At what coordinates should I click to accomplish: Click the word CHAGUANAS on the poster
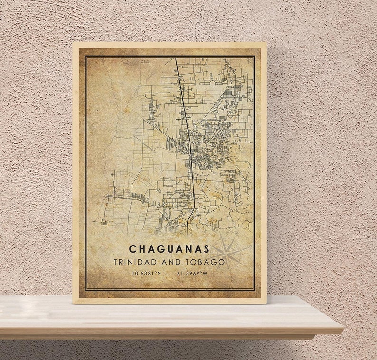click(x=169, y=249)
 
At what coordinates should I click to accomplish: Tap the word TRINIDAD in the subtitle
click(x=131, y=262)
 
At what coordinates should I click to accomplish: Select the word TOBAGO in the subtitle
click(x=207, y=262)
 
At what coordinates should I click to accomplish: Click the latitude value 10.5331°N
click(x=147, y=273)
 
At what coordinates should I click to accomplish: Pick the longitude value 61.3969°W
click(x=192, y=273)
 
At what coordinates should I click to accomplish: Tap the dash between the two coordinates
click(x=169, y=273)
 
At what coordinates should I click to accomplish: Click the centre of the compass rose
click(x=226, y=252)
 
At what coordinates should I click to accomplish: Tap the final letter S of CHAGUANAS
click(x=206, y=249)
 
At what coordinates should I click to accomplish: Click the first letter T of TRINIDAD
click(x=115, y=262)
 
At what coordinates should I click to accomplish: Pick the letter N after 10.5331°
click(x=160, y=273)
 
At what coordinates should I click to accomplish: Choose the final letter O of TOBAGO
click(x=222, y=262)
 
